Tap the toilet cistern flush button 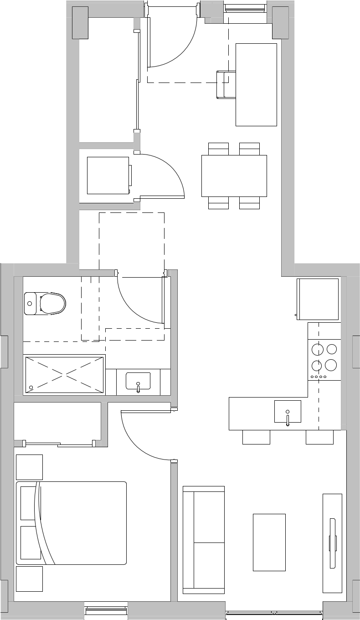[x=31, y=303]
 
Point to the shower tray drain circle [x=31, y=387]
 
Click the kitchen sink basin [x=288, y=411]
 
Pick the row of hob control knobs [x=319, y=377]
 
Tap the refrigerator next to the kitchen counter [x=319, y=299]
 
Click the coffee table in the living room [x=269, y=542]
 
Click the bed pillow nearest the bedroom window [x=31, y=542]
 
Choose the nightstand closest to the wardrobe [x=29, y=467]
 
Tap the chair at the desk [x=226, y=84]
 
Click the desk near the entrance [x=256, y=84]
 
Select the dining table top [x=234, y=176]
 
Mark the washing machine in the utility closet [x=108, y=176]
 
